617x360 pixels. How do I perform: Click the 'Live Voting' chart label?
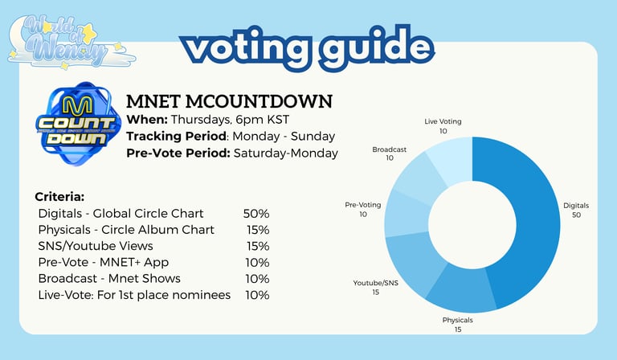(443, 121)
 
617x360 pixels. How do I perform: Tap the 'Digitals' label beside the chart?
(576, 206)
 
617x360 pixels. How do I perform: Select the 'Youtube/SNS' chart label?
(375, 283)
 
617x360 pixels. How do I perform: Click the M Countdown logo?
(77, 123)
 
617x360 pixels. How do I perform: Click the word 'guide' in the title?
(377, 47)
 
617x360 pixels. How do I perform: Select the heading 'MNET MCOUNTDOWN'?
(229, 101)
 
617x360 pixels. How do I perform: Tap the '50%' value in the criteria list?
(256, 214)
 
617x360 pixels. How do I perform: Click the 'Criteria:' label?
(59, 197)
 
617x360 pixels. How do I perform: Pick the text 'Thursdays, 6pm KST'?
(230, 120)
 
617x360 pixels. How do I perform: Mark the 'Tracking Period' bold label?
(176, 137)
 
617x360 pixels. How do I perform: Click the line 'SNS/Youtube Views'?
(96, 246)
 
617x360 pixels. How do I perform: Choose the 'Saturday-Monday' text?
(286, 153)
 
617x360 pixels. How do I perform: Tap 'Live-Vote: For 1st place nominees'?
(134, 295)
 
